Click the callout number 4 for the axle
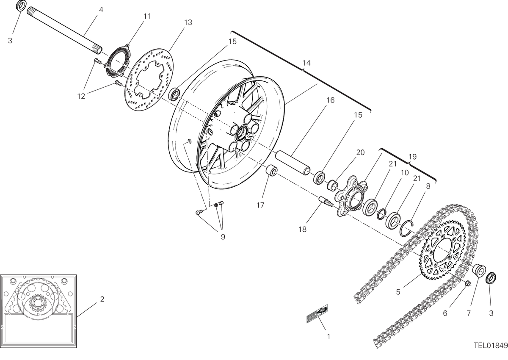[x=101, y=10]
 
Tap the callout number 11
[x=147, y=16]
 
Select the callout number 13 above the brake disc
[x=188, y=22]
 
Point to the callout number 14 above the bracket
[x=306, y=63]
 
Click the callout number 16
[x=331, y=100]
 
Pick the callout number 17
[x=260, y=205]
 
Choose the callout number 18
[x=302, y=229]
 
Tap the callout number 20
[x=360, y=152]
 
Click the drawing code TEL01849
[x=491, y=346]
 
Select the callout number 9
[x=223, y=237]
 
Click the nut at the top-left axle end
[x=22, y=5]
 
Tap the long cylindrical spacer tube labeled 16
[x=293, y=163]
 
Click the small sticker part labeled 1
[x=317, y=314]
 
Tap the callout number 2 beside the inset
[x=102, y=299]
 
